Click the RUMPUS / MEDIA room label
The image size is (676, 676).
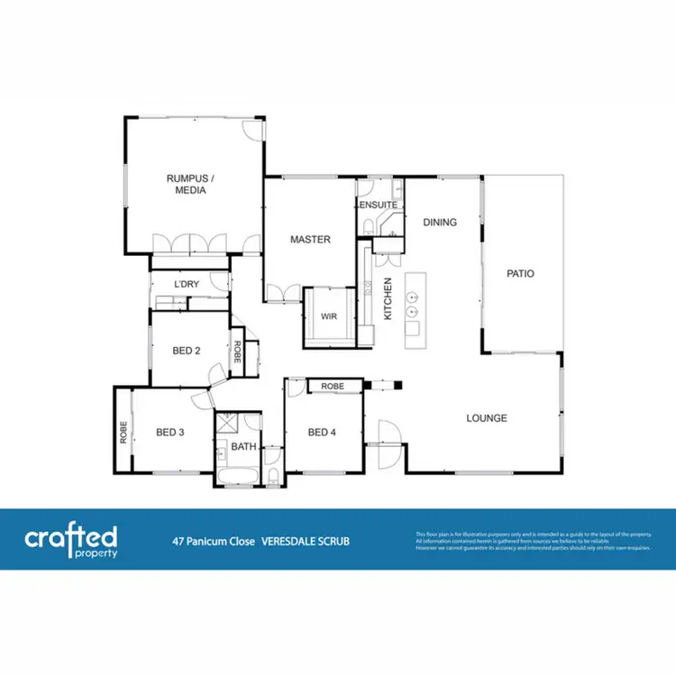click(x=187, y=184)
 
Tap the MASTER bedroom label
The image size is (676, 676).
click(x=309, y=240)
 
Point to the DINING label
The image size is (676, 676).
click(x=439, y=223)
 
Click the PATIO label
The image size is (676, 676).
click(x=520, y=273)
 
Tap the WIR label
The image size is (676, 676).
click(x=329, y=316)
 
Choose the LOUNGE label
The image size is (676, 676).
click(x=486, y=418)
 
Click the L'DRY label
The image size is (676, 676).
click(x=187, y=285)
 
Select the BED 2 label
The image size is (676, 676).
click(x=186, y=351)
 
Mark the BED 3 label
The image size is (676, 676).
click(x=170, y=433)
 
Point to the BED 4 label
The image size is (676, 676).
click(x=322, y=433)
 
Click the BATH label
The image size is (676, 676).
click(x=243, y=446)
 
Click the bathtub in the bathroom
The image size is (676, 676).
click(x=237, y=475)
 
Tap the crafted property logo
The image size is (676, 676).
click(x=70, y=542)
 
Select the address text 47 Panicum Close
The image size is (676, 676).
click(x=214, y=542)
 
